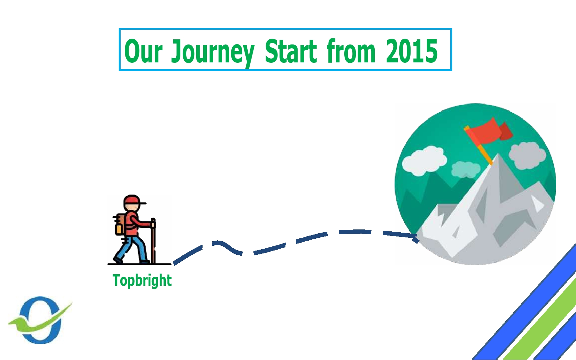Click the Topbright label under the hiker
coord(142,281)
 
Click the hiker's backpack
coord(121,224)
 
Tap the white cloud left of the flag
coord(424,161)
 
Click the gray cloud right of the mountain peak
coord(527,156)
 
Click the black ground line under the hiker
coord(140,264)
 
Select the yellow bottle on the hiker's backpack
coord(119,229)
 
